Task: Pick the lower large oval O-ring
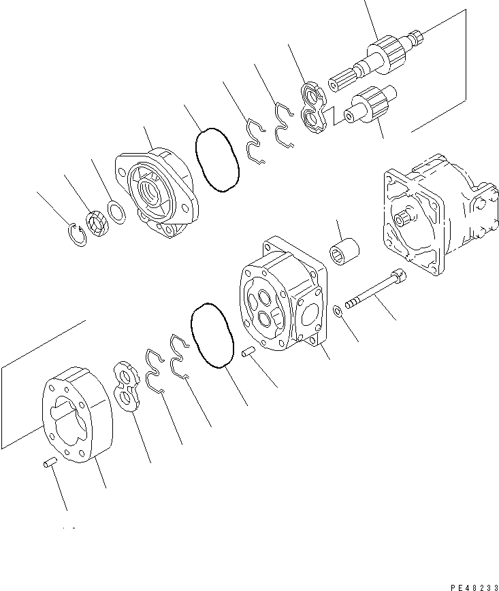coord(211,335)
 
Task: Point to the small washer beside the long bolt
coord(338,312)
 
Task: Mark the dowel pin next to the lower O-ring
coord(248,352)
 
